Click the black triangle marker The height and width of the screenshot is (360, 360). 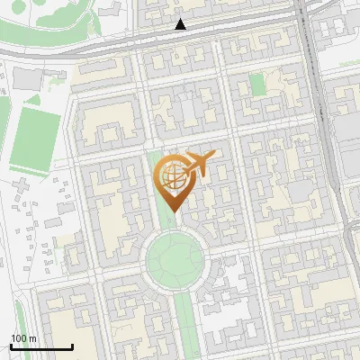coord(181,25)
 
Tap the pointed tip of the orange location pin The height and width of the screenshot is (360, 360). coord(174,210)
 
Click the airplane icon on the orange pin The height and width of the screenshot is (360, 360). coord(200,164)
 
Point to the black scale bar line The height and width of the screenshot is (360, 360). coord(41,346)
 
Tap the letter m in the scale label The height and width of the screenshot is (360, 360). coord(33,338)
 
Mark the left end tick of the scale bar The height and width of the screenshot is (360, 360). coord(11,345)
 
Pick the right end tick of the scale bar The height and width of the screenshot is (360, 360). coord(72,345)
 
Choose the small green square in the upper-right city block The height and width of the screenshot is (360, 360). coord(258,85)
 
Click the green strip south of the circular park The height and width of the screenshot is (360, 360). coord(184,324)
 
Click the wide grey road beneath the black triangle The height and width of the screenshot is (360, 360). coord(180,40)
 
